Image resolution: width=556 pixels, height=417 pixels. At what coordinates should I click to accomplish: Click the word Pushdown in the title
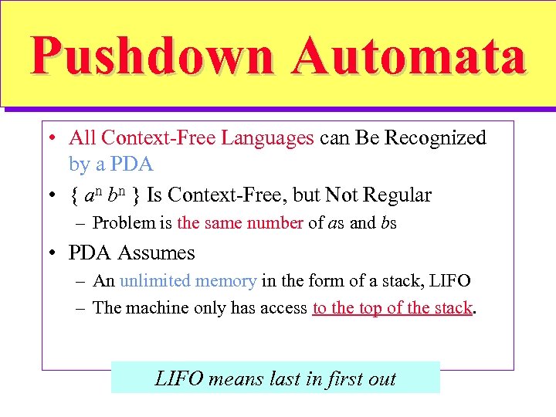(151, 56)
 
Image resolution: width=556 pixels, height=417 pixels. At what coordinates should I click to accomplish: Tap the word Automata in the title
(409, 56)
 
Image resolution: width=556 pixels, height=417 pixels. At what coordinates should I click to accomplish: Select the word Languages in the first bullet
(267, 138)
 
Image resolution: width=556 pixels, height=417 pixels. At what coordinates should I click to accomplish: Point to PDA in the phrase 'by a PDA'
(133, 164)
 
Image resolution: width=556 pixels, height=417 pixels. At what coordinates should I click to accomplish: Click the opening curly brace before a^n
(74, 195)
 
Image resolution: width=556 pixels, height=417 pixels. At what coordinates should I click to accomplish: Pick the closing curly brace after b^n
(135, 195)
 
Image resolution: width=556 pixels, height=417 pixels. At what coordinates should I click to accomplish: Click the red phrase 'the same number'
(240, 224)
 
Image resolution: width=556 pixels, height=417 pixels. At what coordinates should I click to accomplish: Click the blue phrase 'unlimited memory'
(188, 281)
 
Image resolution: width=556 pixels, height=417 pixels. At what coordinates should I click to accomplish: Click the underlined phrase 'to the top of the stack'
(392, 308)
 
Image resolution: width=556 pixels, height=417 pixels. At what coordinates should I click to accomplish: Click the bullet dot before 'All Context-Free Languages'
(51, 139)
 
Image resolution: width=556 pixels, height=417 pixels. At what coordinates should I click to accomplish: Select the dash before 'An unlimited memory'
(81, 281)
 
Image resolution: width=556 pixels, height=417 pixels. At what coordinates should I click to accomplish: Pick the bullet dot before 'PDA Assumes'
(51, 253)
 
